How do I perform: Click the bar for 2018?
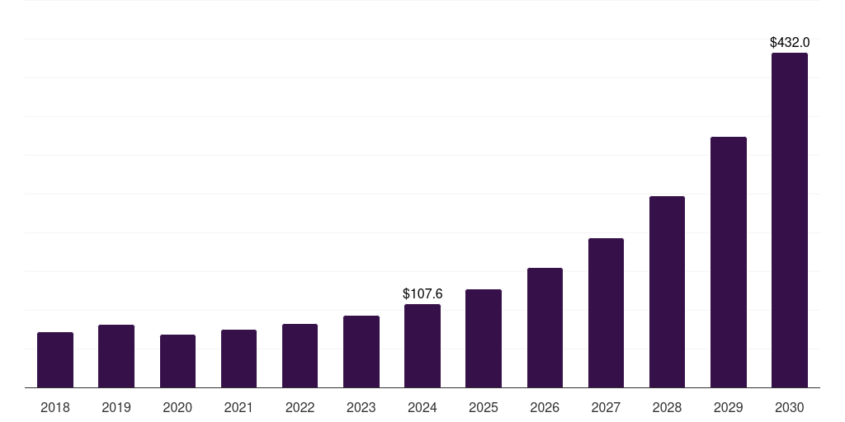[55, 359]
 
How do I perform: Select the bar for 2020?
[177, 361]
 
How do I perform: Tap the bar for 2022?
[300, 355]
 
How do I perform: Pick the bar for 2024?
[422, 345]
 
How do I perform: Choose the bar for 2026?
[545, 327]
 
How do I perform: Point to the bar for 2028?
[667, 292]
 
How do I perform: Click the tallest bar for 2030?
[789, 220]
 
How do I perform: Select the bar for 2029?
[728, 262]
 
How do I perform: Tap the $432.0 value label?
[789, 42]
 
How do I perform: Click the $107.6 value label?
[422, 293]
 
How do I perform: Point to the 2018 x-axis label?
[55, 407]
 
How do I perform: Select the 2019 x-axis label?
[116, 407]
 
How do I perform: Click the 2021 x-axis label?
[238, 407]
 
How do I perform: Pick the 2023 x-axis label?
[361, 407]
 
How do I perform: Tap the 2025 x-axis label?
[484, 407]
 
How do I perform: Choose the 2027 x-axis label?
[606, 407]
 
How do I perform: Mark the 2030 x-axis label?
[789, 407]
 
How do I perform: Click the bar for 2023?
[361, 351]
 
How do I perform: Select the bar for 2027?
[606, 312]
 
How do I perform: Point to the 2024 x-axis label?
[422, 407]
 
